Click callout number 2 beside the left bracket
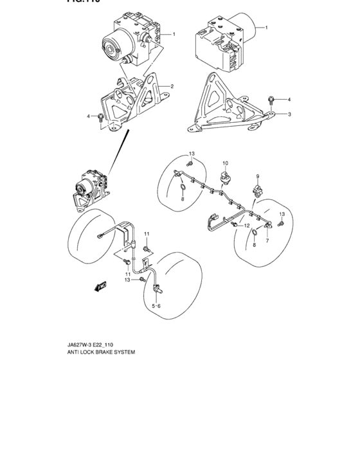tap(172, 86)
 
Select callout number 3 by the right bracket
tap(289, 114)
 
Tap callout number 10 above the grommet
tap(225, 164)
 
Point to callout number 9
tap(257, 177)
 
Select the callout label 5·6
tap(156, 307)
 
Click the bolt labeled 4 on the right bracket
tap(272, 100)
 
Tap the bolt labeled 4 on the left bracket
tap(102, 117)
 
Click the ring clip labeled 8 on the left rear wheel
tap(182, 188)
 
